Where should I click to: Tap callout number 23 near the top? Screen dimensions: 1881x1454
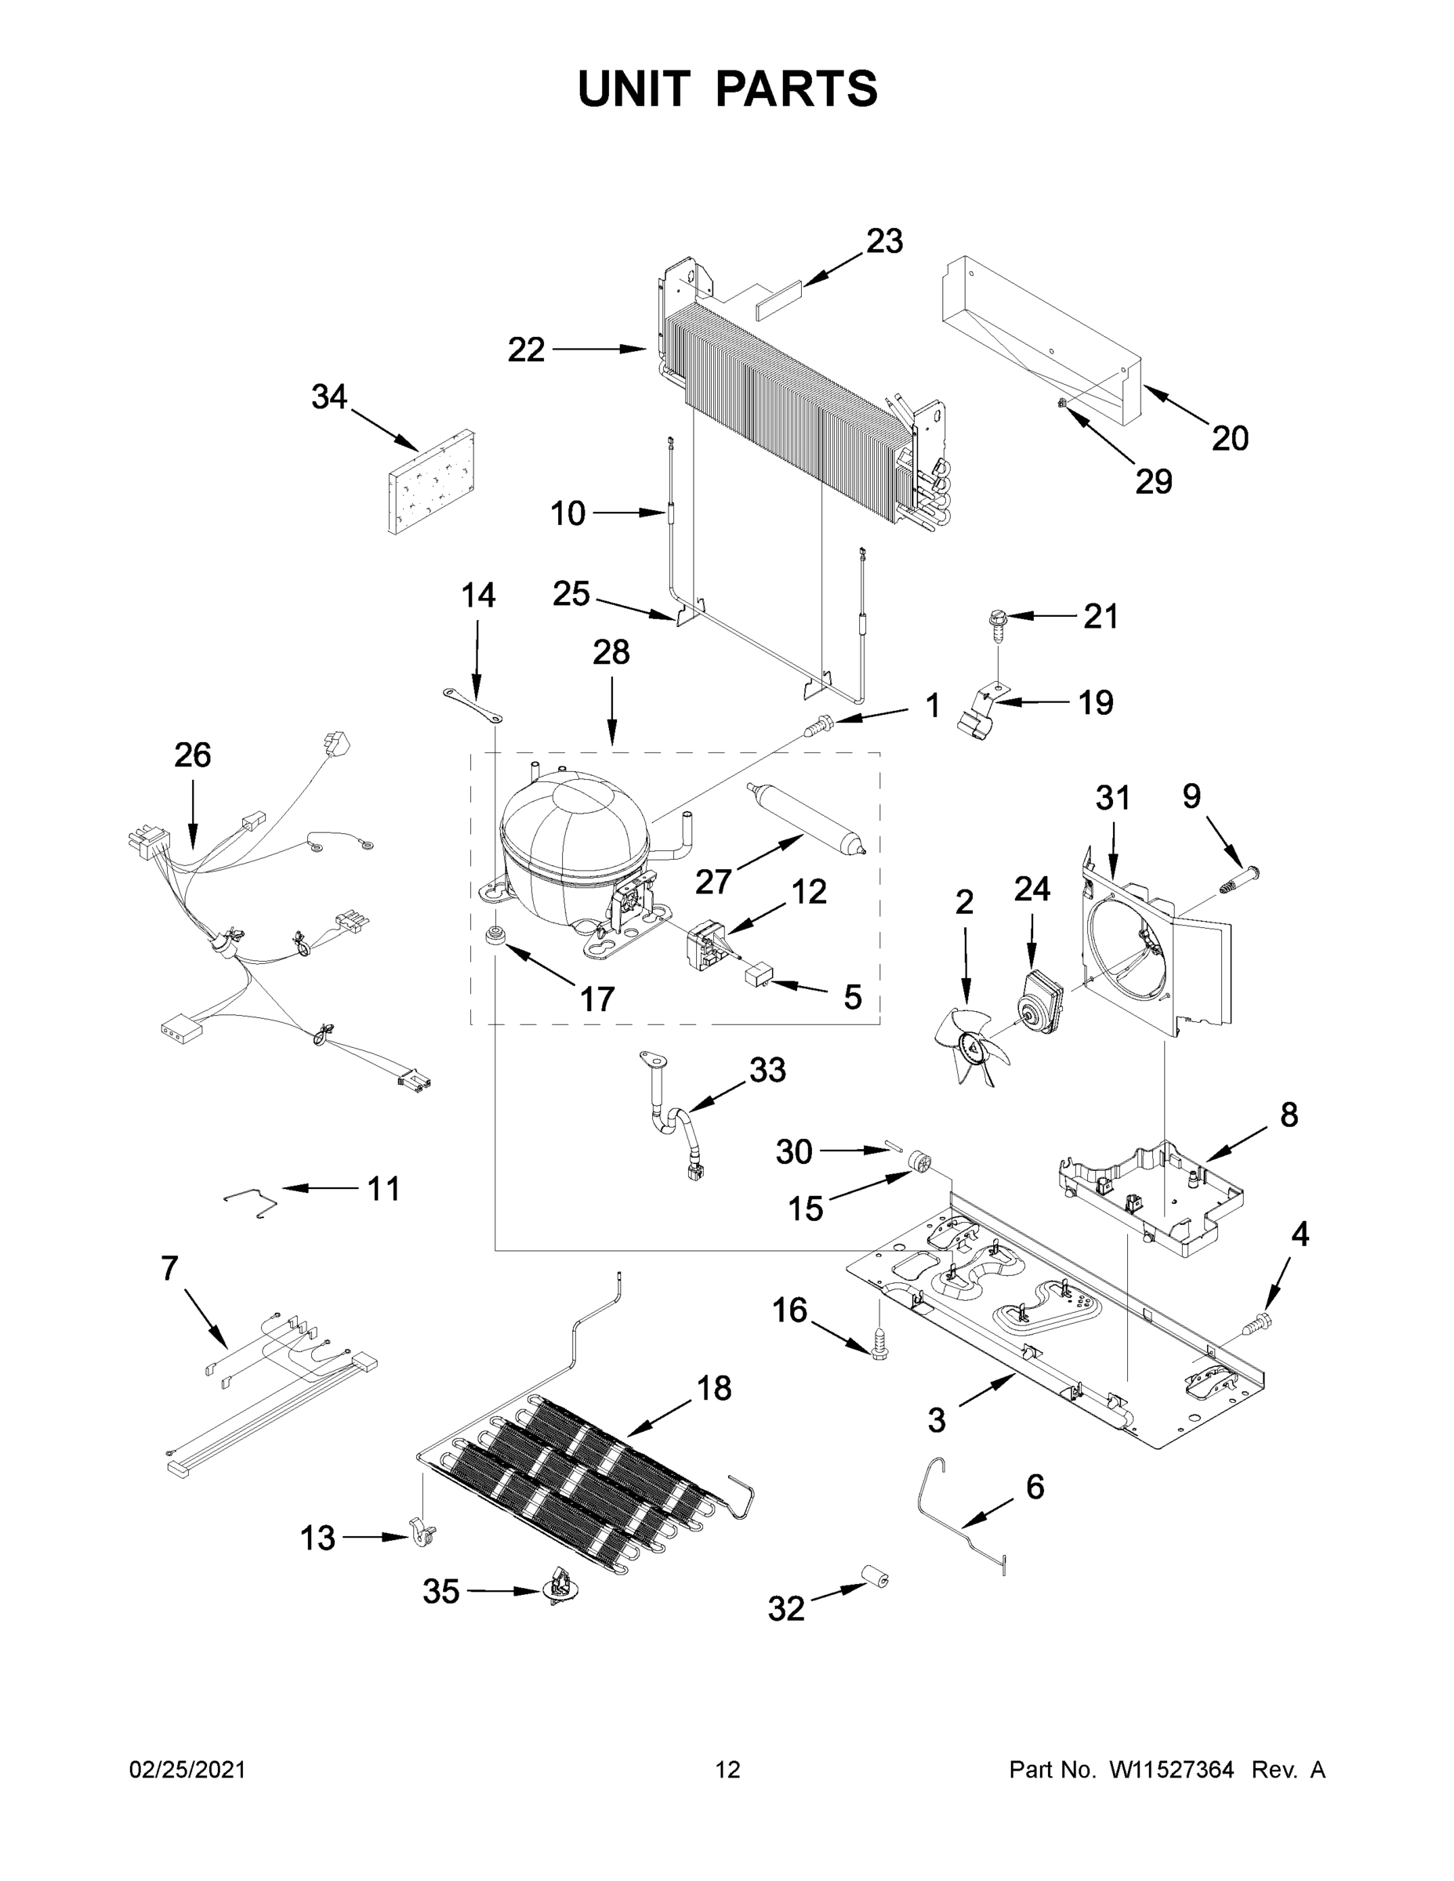coord(884,242)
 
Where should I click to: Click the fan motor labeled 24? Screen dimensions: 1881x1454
coord(1037,999)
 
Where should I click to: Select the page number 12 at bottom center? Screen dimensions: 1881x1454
coord(728,1770)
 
